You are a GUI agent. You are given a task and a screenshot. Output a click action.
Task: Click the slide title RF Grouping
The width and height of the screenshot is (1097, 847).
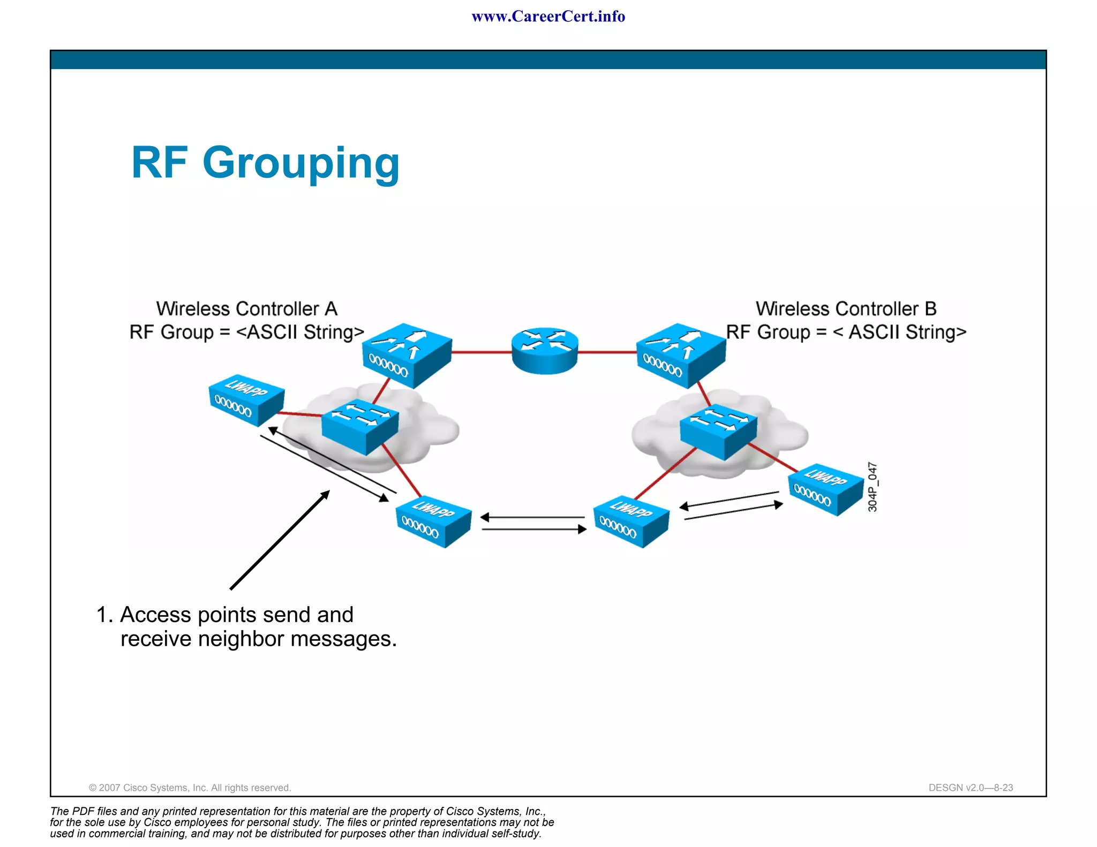[x=265, y=163]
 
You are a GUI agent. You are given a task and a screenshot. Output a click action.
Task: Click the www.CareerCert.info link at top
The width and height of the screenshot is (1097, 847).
[x=548, y=17]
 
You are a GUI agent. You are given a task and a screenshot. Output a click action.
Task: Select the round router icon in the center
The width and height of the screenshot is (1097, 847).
[x=545, y=351]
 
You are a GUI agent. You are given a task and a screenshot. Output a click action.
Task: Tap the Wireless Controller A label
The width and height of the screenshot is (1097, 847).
[x=246, y=309]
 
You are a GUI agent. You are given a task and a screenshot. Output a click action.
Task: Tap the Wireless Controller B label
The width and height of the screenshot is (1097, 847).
[x=846, y=309]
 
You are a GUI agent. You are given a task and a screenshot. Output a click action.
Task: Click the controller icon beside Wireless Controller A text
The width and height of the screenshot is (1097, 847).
[x=407, y=355]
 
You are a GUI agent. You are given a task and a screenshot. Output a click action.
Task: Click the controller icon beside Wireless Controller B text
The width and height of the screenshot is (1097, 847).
[x=681, y=355]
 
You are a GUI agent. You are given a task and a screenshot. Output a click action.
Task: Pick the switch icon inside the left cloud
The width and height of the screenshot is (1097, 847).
[x=360, y=427]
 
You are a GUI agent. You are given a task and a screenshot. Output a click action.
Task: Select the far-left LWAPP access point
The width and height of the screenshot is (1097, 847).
[x=246, y=400]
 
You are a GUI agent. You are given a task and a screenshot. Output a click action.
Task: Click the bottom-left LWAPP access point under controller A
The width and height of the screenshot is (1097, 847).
[x=433, y=521]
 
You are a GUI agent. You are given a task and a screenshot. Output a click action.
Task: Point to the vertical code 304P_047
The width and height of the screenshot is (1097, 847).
[x=873, y=487]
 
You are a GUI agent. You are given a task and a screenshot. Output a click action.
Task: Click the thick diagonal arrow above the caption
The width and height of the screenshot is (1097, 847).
[x=279, y=541]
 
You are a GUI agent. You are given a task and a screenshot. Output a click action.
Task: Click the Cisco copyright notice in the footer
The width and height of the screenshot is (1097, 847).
[x=190, y=788]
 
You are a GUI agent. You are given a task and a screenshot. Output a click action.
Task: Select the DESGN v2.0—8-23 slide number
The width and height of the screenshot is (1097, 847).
[x=970, y=788]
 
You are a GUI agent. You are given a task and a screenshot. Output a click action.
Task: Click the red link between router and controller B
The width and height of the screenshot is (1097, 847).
[x=607, y=352]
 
